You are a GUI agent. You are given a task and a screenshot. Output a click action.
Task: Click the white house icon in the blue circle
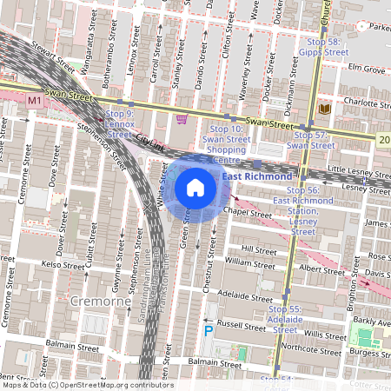point(195,187)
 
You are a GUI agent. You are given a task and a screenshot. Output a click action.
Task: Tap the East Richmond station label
point(257,177)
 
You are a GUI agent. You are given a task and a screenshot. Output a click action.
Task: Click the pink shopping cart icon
point(182,119)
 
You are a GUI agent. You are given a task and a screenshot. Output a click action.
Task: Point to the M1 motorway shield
point(35,101)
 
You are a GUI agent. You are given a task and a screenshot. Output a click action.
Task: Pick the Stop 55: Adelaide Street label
point(287,319)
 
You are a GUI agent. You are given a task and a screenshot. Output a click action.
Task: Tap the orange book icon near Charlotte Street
point(324,109)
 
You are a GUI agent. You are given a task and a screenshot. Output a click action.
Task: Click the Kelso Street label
point(63,263)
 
